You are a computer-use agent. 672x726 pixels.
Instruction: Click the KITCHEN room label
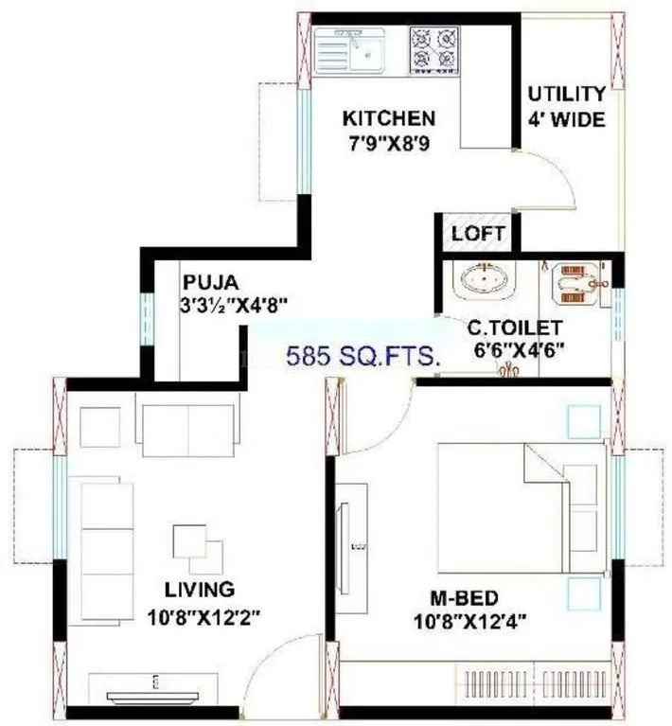pos(388,118)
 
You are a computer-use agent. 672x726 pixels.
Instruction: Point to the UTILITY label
pos(566,94)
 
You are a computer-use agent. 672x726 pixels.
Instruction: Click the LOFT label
pos(478,233)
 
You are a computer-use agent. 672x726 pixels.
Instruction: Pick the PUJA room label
pos(211,282)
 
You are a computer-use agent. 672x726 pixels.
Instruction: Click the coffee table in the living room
pos(198,548)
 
